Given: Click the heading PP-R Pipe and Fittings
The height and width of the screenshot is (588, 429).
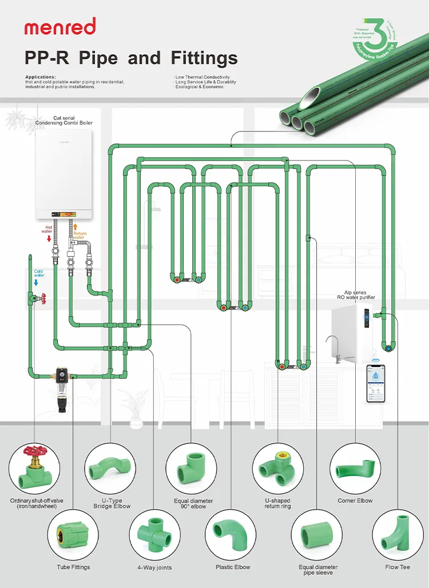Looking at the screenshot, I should (x=131, y=58).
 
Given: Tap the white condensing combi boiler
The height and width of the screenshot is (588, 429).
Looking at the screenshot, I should (x=63, y=174).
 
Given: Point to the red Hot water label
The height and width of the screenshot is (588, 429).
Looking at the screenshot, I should (x=47, y=230).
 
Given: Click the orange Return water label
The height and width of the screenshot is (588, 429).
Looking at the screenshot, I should (x=80, y=235).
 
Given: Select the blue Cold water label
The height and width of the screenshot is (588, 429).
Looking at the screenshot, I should (x=39, y=273).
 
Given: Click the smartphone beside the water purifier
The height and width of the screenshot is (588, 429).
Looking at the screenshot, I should (x=376, y=383).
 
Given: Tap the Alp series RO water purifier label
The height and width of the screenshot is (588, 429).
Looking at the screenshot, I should (x=355, y=295).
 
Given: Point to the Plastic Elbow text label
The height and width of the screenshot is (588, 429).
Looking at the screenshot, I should (x=233, y=567).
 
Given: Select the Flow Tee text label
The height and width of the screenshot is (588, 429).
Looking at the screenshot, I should (x=398, y=567).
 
